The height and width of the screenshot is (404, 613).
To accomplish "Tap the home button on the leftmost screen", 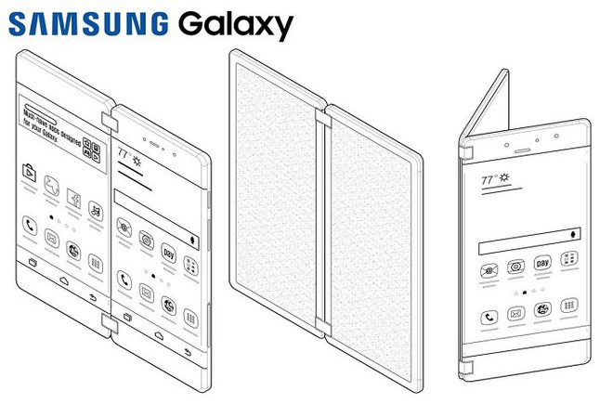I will pos(63,278).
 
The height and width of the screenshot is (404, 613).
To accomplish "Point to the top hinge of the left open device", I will pos(108,122).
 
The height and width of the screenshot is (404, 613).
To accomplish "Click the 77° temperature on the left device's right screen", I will pos(125,151).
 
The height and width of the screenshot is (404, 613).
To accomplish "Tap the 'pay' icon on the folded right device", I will pos(543,263).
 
